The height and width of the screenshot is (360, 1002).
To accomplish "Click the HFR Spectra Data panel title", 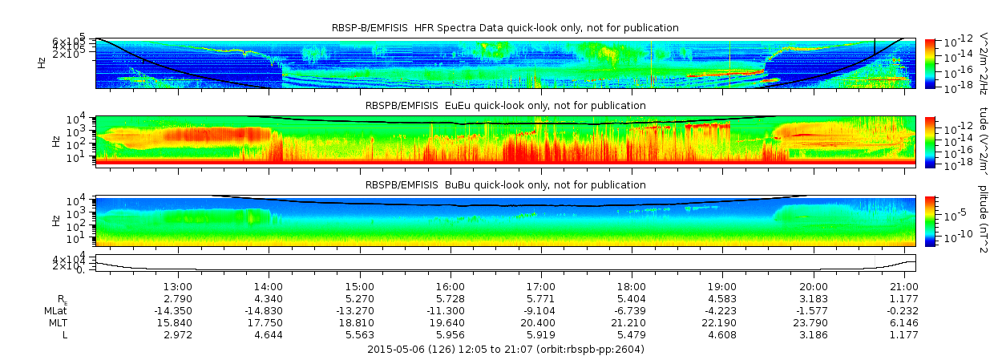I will click(505, 28).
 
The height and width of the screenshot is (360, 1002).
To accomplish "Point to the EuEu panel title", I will click(505, 106).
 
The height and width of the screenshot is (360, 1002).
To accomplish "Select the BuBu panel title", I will click(505, 185).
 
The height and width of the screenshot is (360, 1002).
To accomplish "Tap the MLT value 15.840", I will click(177, 323).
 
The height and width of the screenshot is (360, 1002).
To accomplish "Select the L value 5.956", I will click(450, 335).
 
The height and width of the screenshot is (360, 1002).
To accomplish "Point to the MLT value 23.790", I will click(813, 323).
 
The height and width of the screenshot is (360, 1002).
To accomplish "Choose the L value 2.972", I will click(177, 335).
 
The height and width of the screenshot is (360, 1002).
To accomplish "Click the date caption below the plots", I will click(505, 350).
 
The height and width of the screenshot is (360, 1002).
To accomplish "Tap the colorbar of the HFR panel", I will click(931, 63).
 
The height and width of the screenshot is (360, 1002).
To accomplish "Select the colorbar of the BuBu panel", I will click(931, 220).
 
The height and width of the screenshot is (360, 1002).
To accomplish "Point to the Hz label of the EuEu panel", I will click(55, 140).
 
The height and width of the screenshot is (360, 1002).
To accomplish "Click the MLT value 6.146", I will click(903, 323).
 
